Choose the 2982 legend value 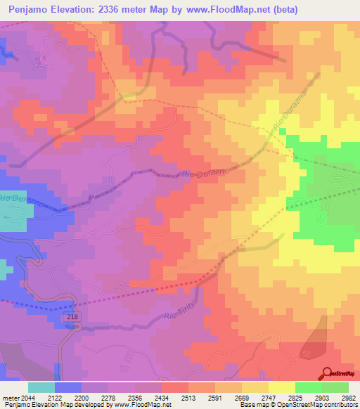point(347,397)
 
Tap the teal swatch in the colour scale point(41,387)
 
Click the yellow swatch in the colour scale point(281,387)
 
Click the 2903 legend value point(320,397)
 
